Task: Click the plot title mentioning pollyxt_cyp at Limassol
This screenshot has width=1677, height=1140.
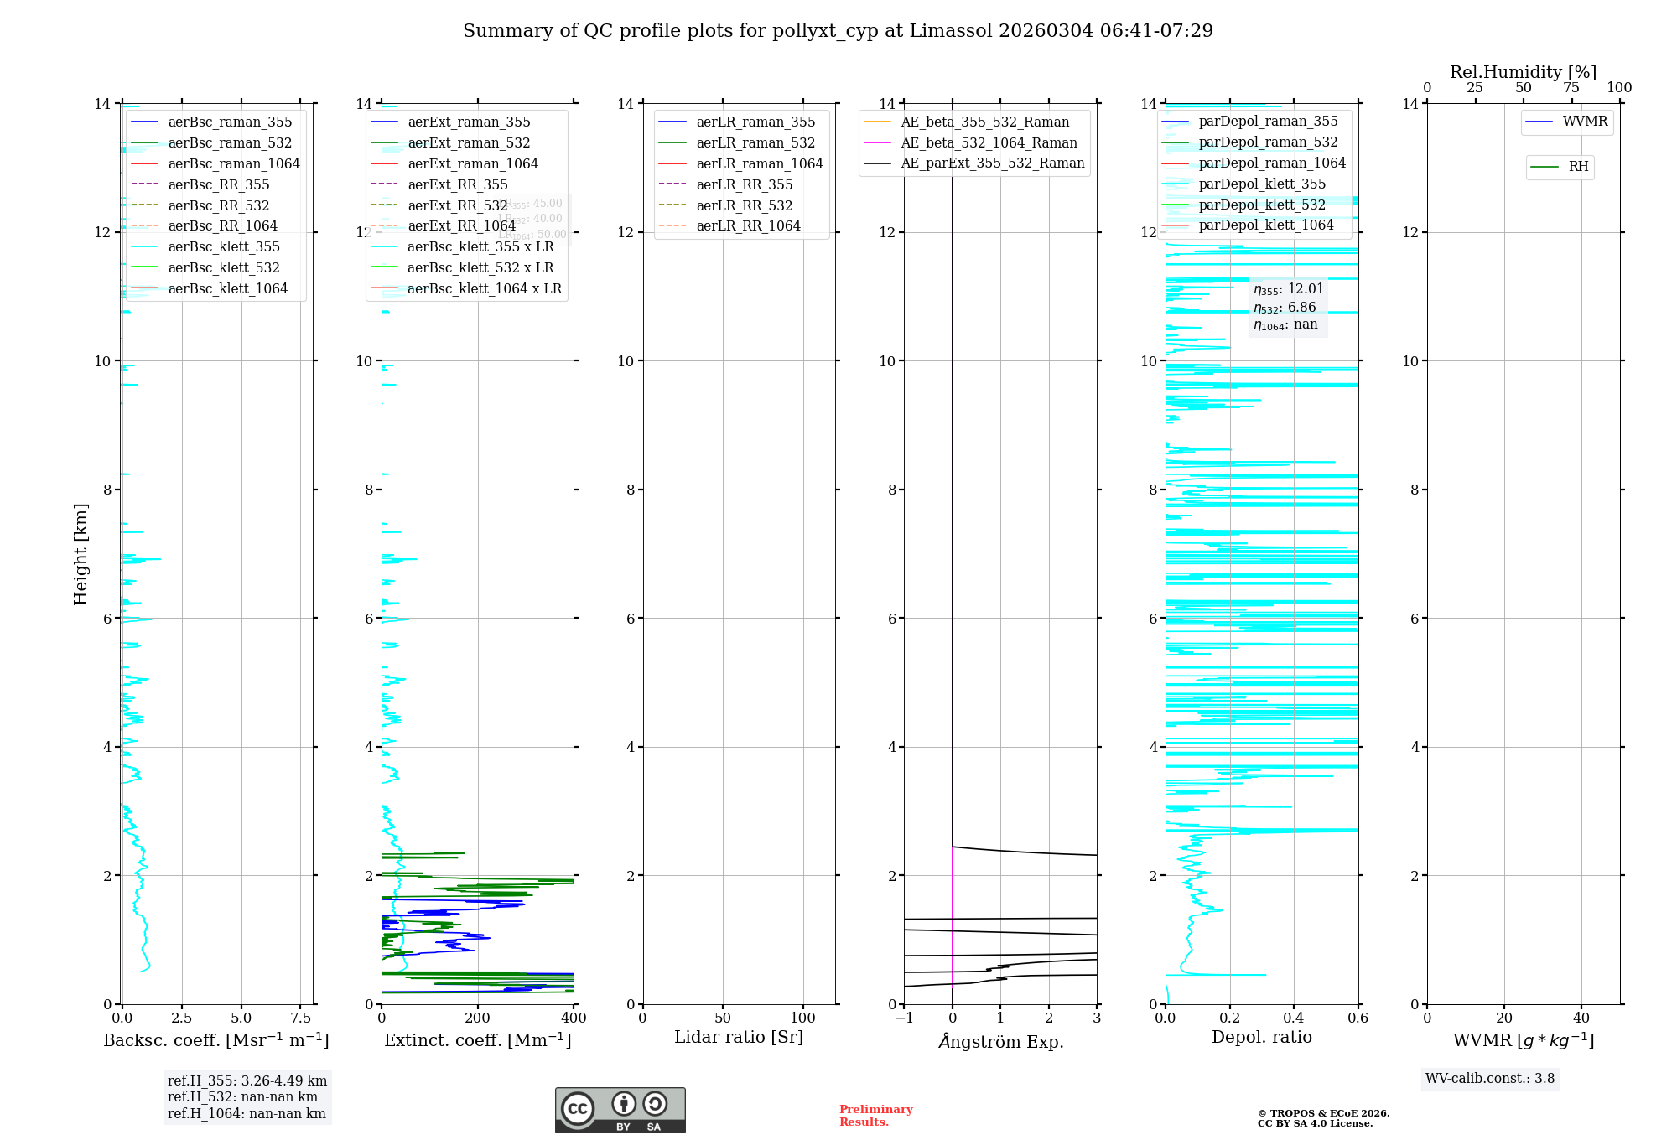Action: [838, 31]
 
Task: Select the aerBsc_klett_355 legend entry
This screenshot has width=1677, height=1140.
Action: [224, 246]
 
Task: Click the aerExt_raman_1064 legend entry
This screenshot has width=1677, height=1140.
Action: [473, 163]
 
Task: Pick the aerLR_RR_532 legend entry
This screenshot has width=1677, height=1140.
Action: [744, 205]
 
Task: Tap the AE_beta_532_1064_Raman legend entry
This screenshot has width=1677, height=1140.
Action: [989, 142]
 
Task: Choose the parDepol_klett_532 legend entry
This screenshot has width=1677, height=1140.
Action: [1262, 205]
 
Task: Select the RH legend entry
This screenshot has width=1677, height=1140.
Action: [1578, 167]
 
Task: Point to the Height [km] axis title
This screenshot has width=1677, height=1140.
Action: [80, 553]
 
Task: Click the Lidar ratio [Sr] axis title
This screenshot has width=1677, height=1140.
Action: [739, 1037]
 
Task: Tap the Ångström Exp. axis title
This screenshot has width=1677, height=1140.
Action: [1000, 1041]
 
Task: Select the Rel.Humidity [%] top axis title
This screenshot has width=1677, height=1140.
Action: [1523, 72]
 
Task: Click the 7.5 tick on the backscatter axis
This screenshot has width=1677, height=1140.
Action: [301, 1018]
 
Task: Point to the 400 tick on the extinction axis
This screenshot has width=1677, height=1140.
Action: [574, 1018]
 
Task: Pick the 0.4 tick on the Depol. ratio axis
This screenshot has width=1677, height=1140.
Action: [1294, 1018]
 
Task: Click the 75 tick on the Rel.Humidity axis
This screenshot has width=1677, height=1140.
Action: [1571, 88]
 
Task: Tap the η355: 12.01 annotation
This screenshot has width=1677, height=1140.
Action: [1288, 289]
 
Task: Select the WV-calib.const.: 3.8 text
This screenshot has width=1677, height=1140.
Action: [1490, 1079]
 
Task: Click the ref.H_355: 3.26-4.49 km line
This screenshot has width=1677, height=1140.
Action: [247, 1080]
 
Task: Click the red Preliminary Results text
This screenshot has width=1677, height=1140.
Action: [875, 1116]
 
